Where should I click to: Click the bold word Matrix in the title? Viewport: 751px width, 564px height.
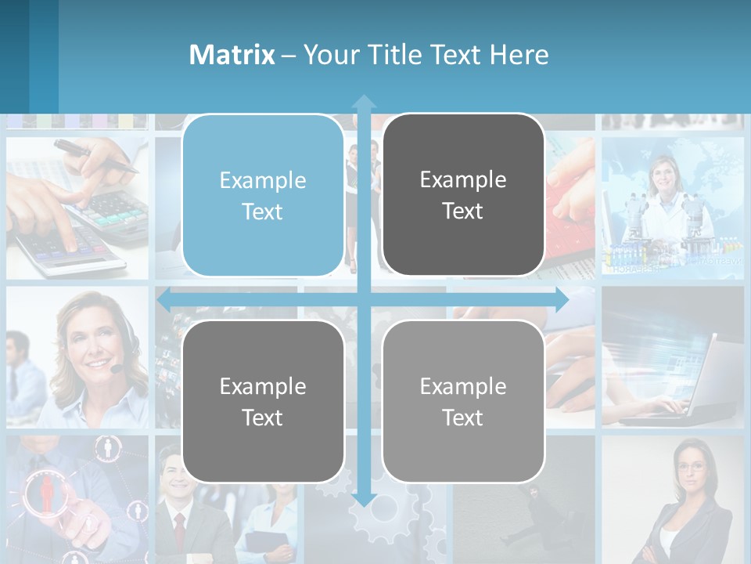tap(232, 55)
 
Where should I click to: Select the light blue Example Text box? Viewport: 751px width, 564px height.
tap(262, 196)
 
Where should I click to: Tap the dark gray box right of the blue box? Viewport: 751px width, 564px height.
tap(463, 196)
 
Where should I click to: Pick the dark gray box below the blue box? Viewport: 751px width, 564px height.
tap(262, 401)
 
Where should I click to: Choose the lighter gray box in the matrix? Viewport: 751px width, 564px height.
tap(463, 401)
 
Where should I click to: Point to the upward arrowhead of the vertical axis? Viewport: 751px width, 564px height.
tap(364, 101)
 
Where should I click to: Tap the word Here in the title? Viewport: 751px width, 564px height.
tap(519, 55)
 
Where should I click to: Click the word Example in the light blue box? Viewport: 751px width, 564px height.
tap(262, 181)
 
